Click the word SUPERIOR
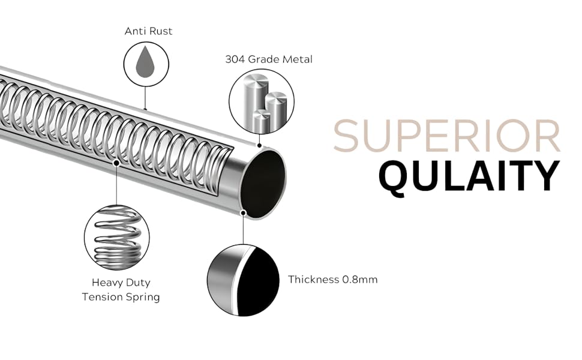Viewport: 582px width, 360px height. (x=447, y=137)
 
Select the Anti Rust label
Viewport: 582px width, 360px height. (x=148, y=31)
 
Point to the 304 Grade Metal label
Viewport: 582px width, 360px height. (x=268, y=59)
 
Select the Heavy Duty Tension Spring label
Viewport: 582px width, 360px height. (x=121, y=289)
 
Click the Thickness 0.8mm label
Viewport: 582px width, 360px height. (x=332, y=280)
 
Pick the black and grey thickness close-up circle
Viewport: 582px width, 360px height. (x=243, y=280)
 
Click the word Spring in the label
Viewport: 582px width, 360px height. (x=143, y=297)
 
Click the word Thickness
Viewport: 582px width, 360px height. (x=313, y=280)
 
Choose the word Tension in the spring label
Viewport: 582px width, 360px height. (x=103, y=297)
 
